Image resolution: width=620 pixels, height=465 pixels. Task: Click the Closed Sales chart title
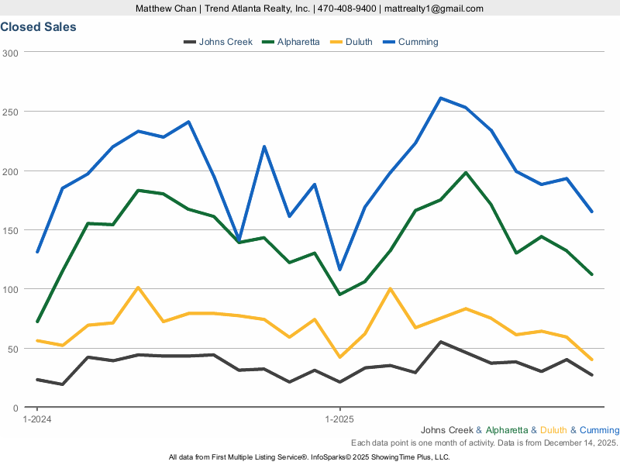(38, 27)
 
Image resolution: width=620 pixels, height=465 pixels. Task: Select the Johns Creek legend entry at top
(226, 42)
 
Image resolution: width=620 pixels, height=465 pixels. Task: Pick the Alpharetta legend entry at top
(298, 42)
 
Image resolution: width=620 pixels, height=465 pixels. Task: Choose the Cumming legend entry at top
(418, 42)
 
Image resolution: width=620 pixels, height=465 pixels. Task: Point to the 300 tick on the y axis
(10, 53)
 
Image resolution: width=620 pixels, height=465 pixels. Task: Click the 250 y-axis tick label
(10, 112)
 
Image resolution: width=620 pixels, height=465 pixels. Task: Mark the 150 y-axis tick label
(10, 230)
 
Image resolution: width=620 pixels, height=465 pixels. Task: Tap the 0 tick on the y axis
(15, 408)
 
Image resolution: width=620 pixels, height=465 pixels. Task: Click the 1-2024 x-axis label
(37, 419)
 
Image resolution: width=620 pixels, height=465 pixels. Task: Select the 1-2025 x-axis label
(339, 419)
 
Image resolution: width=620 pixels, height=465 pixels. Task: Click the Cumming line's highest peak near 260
(440, 98)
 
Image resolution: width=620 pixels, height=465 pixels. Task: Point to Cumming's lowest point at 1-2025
(339, 270)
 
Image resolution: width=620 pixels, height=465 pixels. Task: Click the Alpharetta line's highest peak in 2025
(466, 173)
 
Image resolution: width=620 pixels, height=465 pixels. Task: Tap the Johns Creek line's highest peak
(440, 342)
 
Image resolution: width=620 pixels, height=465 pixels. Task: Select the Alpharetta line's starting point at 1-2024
(37, 322)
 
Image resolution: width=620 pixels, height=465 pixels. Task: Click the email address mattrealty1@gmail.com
(433, 9)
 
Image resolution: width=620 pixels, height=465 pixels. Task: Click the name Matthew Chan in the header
(164, 9)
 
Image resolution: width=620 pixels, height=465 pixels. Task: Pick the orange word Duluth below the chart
(553, 430)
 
